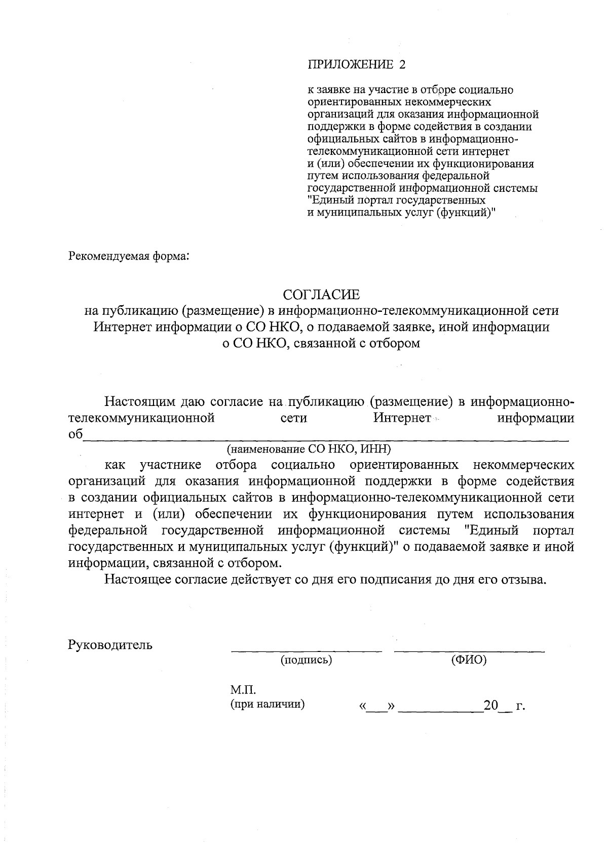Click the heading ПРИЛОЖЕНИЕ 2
click(357, 65)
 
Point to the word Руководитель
click(110, 645)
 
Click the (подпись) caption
click(307, 660)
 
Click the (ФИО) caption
click(469, 660)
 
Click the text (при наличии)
click(268, 704)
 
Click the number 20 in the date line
click(491, 705)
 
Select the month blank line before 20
click(441, 711)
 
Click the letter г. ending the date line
click(520, 706)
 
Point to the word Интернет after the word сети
click(403, 419)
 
